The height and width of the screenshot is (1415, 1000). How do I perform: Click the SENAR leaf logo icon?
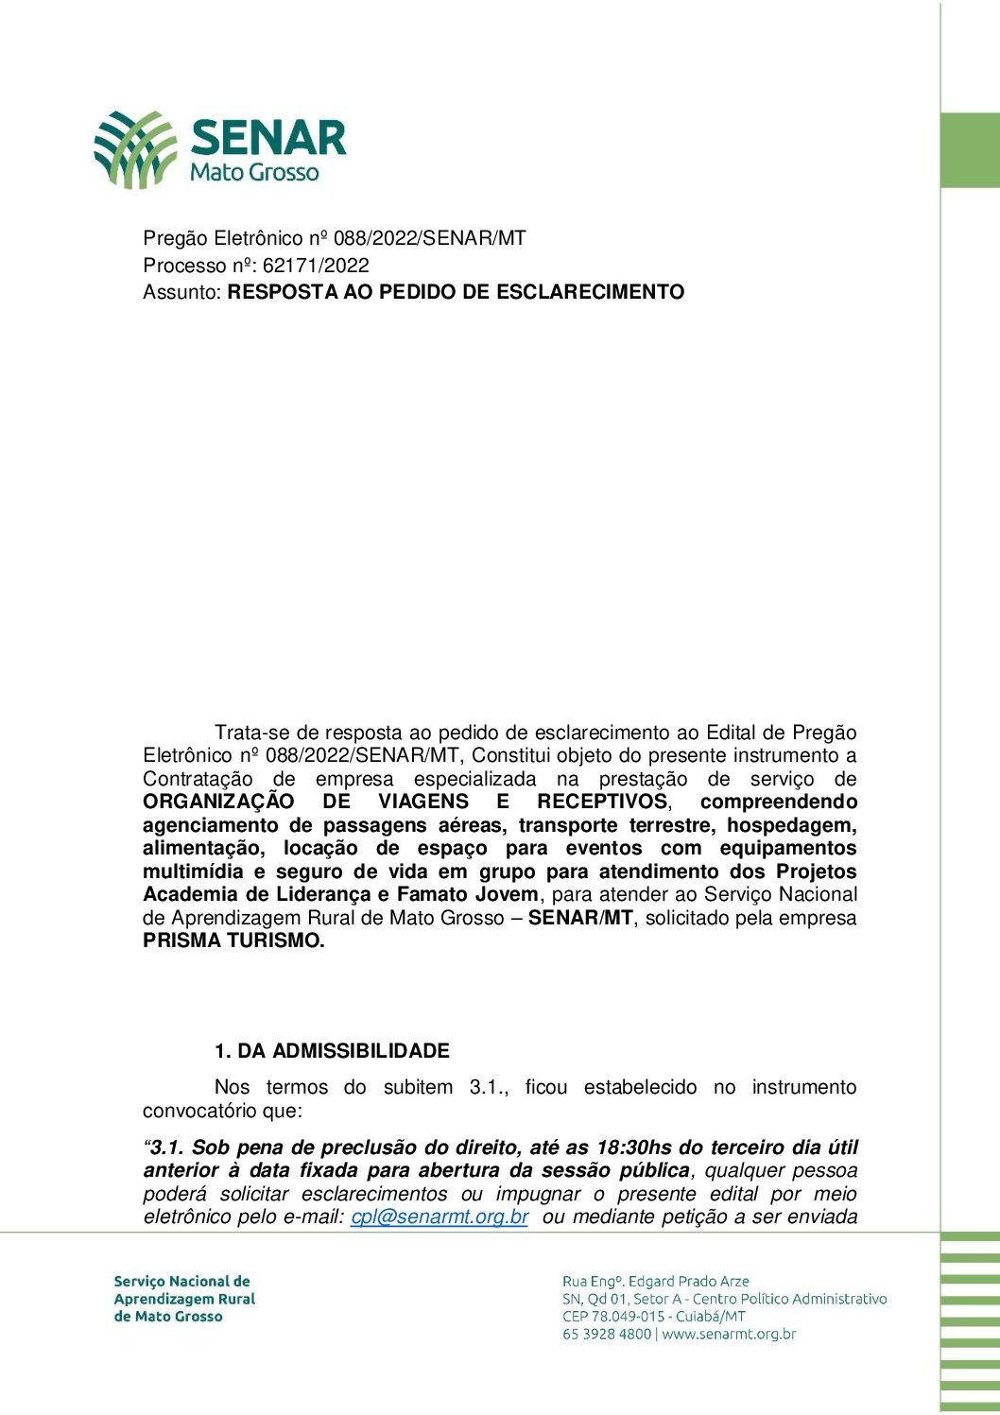click(x=135, y=148)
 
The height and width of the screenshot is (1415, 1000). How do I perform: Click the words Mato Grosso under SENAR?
click(x=254, y=173)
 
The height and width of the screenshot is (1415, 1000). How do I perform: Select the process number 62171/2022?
click(x=316, y=266)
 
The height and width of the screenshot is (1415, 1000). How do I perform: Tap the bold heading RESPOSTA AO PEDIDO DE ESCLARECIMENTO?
click(x=456, y=292)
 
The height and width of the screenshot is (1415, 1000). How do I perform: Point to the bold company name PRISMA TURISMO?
click(x=233, y=940)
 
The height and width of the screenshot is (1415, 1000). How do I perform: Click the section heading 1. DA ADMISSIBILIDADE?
click(x=332, y=1051)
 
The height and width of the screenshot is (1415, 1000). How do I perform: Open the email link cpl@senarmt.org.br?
click(x=440, y=1217)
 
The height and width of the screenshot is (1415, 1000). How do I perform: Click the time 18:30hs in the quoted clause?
click(x=634, y=1148)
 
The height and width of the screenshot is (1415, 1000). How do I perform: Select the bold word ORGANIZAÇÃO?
click(x=218, y=802)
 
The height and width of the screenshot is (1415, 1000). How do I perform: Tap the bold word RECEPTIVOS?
click(x=602, y=802)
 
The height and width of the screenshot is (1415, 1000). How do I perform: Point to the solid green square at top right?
click(x=970, y=150)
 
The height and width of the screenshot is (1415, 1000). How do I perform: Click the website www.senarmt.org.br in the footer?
click(x=729, y=1335)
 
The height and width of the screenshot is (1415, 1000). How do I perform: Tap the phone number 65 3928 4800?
click(x=607, y=1335)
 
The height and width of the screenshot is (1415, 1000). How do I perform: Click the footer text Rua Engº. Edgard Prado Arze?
click(x=655, y=1282)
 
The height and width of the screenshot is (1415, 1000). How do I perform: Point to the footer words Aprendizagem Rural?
click(x=184, y=1299)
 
